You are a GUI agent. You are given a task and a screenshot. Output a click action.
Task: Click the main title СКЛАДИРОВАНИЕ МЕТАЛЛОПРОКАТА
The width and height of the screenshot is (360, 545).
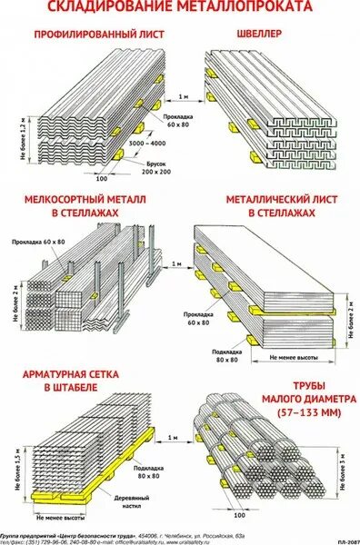[179, 8]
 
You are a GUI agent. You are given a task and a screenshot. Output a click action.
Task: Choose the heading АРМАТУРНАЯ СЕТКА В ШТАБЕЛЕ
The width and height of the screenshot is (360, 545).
[90, 383]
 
